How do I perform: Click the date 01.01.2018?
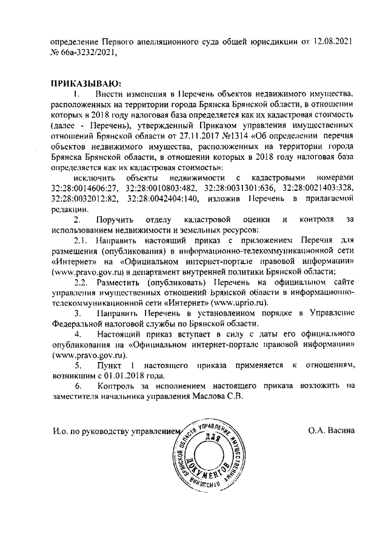coord(119,375)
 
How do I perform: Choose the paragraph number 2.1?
coord(81,241)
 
